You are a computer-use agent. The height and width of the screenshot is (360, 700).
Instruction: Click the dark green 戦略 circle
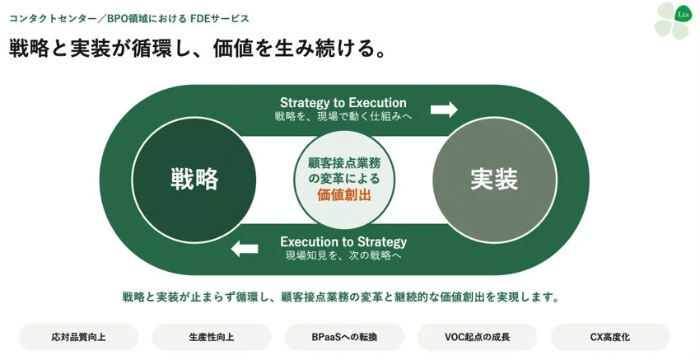coord(194,180)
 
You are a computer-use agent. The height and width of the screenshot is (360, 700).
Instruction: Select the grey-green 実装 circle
coord(495,180)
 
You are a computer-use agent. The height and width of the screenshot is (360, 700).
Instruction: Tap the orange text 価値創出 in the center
coord(343,194)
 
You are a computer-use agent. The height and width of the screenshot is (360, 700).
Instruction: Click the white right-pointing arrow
coord(444,110)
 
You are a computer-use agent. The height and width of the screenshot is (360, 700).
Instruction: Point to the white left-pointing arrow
coord(245,248)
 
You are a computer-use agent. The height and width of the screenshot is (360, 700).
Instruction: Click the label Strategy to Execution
coord(343,103)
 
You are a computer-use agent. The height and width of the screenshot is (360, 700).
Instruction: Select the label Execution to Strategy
coord(343,242)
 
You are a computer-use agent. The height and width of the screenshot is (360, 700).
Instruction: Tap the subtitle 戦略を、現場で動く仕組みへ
coord(343,117)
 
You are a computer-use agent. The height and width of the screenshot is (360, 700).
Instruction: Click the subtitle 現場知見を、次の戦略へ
coord(343,256)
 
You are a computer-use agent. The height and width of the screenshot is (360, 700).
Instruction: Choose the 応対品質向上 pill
coord(78,337)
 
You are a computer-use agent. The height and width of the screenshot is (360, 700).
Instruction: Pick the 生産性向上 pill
coord(211,337)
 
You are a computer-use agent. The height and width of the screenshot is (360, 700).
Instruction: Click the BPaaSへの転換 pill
coord(344,337)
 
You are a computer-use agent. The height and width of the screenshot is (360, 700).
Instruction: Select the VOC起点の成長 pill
coord(477,337)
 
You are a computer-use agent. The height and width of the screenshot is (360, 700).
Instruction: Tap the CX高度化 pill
coord(610,337)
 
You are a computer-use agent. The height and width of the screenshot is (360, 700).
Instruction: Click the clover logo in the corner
coord(672,21)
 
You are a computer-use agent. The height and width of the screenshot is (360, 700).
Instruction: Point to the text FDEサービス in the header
coord(220,19)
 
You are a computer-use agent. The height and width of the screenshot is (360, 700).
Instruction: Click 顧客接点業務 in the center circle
coord(343,163)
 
